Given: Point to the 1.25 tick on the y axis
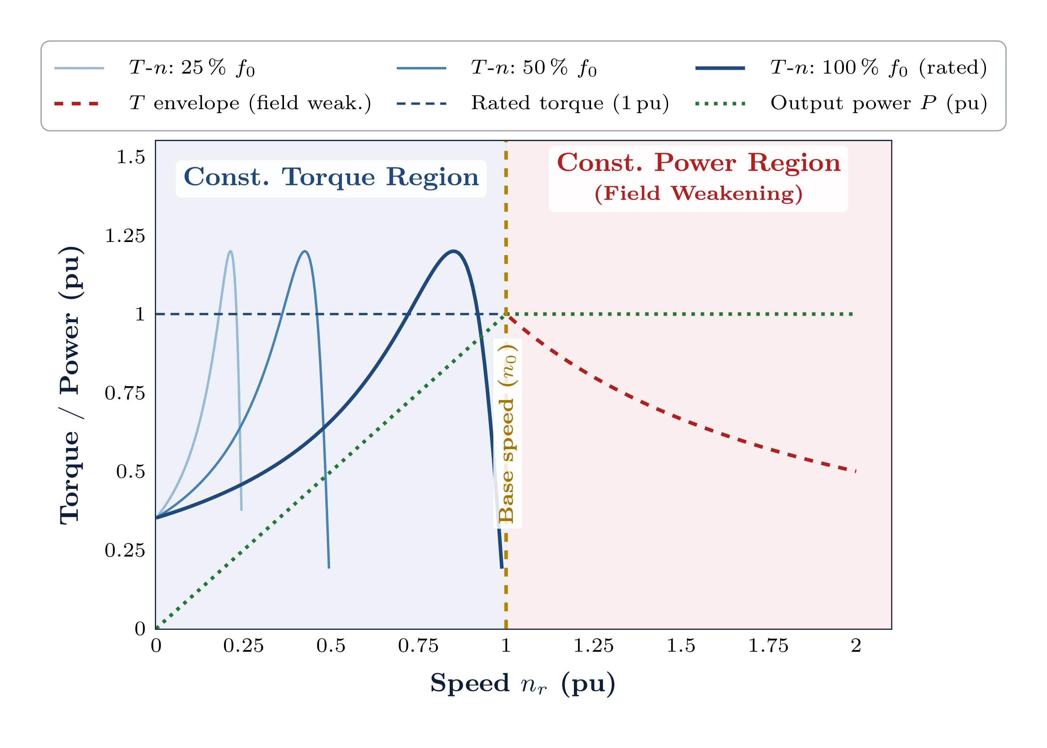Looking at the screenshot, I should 125,236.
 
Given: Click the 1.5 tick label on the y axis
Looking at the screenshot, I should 130,157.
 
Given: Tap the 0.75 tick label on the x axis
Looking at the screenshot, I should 418,646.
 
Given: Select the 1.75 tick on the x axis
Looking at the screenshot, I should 768,646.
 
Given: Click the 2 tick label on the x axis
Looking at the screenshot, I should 856,646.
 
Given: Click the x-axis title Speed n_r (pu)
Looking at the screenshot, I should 523,683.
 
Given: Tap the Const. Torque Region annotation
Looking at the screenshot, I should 331,178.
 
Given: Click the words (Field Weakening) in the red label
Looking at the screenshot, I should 698,194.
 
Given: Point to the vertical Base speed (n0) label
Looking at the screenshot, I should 507,433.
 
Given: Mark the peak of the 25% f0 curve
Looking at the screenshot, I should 230,251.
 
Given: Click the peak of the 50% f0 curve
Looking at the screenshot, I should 305,251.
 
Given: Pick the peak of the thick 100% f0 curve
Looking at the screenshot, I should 454,251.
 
